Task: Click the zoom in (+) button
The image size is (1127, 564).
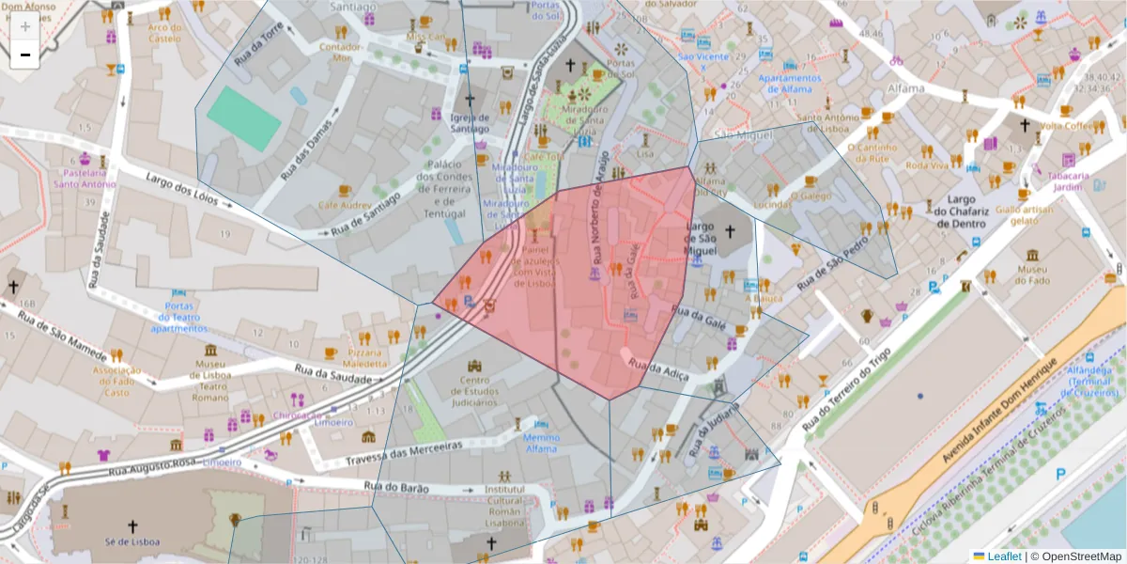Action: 25,27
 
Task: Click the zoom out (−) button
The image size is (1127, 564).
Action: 25,55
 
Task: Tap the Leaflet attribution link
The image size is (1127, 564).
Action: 1003,556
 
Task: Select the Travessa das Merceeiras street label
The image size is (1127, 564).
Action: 404,454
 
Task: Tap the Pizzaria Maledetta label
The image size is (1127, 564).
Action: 364,357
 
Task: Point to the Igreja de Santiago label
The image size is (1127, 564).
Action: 470,123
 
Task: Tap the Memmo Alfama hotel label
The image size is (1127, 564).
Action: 541,443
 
